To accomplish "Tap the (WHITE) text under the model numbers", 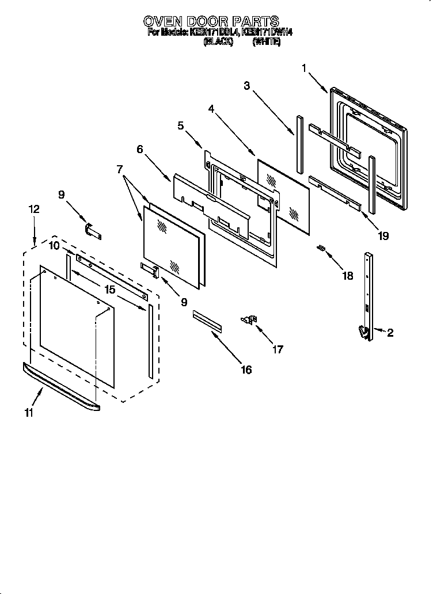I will (x=267, y=42).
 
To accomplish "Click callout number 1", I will (x=304, y=68).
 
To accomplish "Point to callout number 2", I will (x=390, y=333).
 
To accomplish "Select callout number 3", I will (x=246, y=86).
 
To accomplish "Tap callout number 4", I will (x=211, y=108).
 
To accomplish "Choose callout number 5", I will (x=180, y=125).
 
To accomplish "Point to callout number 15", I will (x=109, y=290).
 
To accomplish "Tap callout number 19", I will (x=367, y=235).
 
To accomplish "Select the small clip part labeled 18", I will (x=322, y=249).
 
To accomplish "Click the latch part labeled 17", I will (x=250, y=319).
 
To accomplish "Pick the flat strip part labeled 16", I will (x=207, y=321).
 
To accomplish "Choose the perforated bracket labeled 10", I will (x=109, y=276).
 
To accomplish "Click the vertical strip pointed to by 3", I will (x=299, y=143).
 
